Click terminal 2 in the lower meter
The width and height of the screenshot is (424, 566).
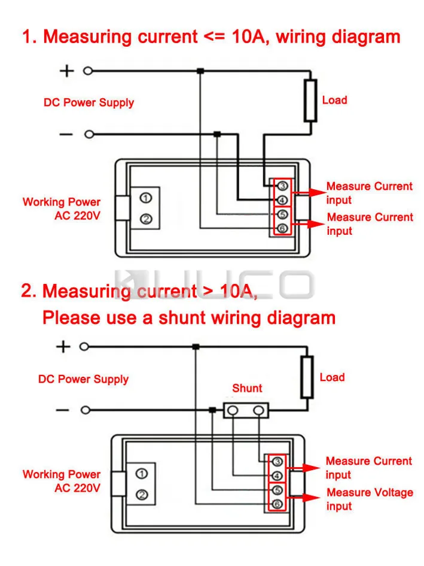click(x=142, y=495)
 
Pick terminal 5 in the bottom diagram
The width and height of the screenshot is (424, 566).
click(x=277, y=491)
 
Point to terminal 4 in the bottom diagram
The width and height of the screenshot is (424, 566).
click(x=277, y=476)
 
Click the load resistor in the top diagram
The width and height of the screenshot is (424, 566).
click(x=310, y=100)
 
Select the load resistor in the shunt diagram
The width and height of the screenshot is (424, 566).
click(x=307, y=377)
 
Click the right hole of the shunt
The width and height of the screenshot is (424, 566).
click(x=258, y=410)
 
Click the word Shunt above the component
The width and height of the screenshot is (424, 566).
click(x=247, y=388)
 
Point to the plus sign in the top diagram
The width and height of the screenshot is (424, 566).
click(x=66, y=71)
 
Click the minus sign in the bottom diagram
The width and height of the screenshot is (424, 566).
click(x=62, y=410)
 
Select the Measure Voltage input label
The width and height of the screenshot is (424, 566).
click(x=369, y=499)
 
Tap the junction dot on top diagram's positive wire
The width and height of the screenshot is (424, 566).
click(x=200, y=71)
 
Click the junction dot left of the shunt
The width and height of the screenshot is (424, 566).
click(x=212, y=410)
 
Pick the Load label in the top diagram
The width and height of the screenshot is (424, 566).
click(x=334, y=100)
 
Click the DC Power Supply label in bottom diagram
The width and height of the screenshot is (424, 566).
click(x=83, y=379)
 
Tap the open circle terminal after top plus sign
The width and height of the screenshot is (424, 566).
click(x=88, y=71)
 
